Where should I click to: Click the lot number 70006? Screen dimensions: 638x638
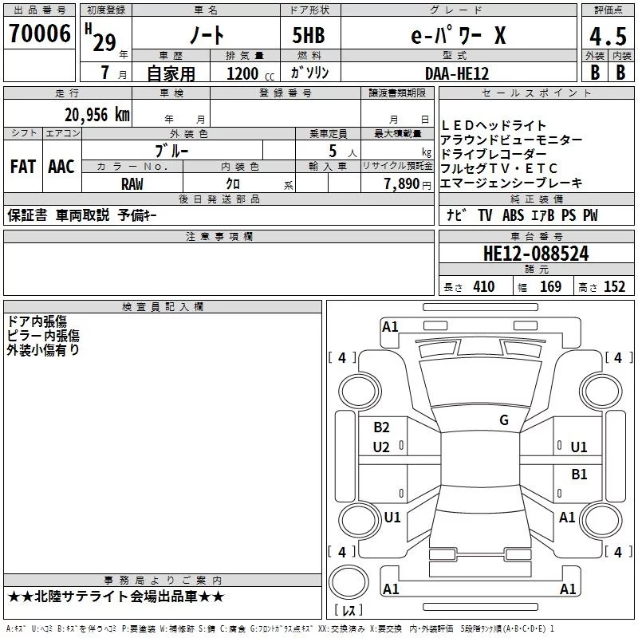[39, 33]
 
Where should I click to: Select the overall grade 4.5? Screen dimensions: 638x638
[608, 36]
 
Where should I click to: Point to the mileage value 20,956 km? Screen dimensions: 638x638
[96, 115]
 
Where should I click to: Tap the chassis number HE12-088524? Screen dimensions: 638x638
[536, 254]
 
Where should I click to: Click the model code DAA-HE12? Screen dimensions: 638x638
[456, 73]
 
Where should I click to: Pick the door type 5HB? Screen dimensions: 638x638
[309, 35]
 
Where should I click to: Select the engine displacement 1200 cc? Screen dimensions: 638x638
[250, 73]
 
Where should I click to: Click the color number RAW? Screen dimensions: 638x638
[132, 184]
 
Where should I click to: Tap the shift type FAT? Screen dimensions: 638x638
[23, 167]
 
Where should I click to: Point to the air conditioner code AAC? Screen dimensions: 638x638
[61, 167]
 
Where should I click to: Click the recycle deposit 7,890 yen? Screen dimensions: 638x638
[408, 184]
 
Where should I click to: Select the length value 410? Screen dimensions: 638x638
[484, 287]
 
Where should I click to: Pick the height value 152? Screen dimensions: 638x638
[614, 287]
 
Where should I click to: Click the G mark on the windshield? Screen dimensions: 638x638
[504, 420]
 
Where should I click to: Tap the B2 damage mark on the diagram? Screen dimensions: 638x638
[381, 427]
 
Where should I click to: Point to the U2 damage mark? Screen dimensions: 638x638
[381, 447]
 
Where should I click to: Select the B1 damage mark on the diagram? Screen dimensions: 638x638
[579, 475]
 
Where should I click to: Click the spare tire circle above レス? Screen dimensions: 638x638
[349, 582]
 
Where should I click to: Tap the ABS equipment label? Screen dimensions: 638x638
[513, 215]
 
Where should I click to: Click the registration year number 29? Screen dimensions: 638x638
[104, 43]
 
